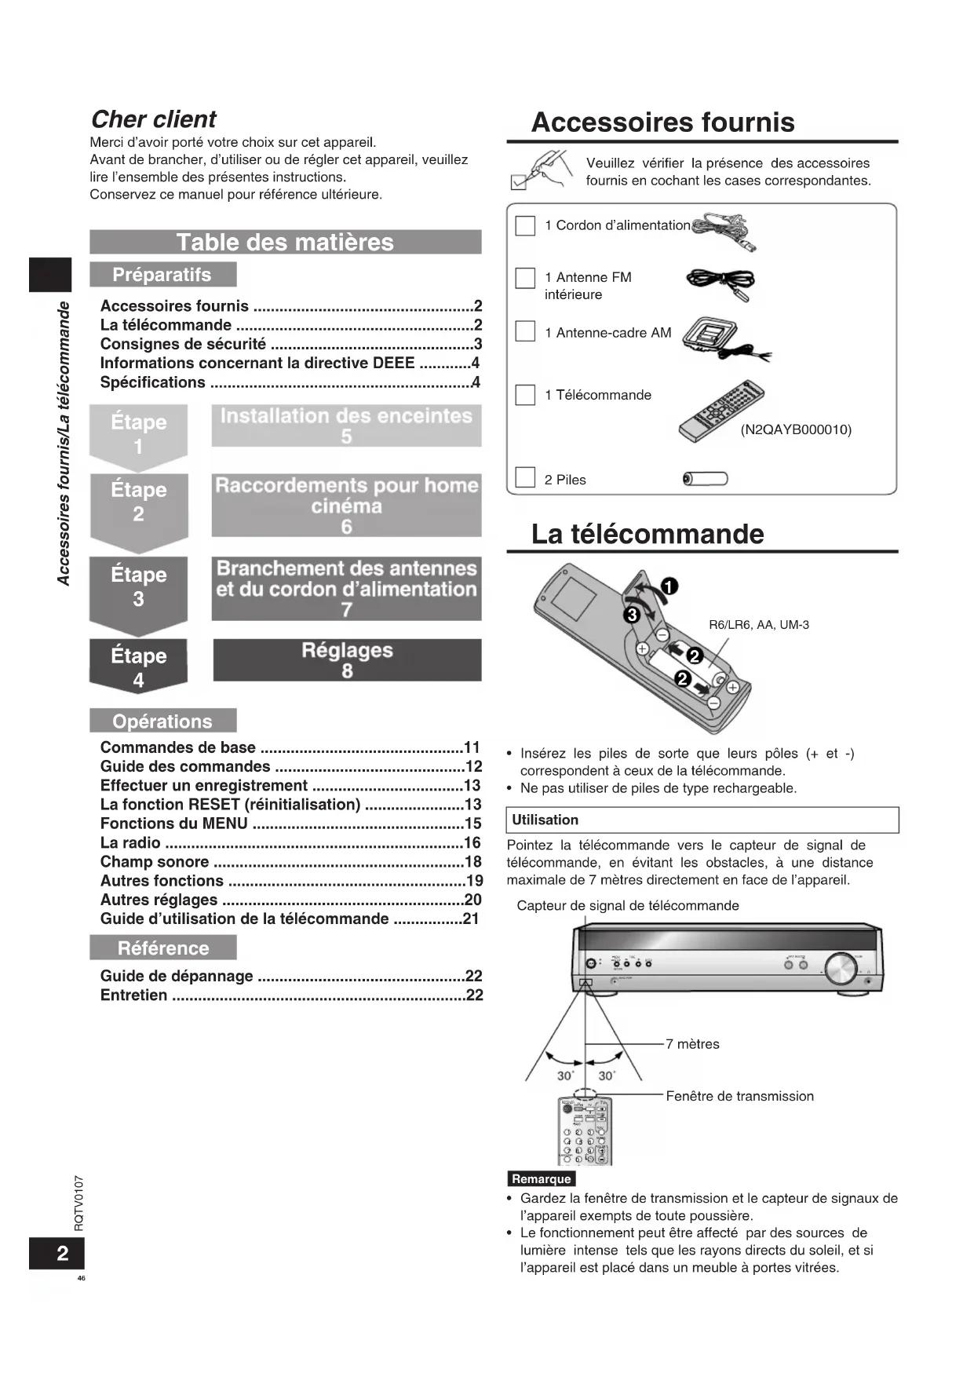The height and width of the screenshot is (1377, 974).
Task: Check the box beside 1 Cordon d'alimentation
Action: click(x=525, y=225)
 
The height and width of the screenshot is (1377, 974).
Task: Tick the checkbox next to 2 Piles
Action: click(x=525, y=477)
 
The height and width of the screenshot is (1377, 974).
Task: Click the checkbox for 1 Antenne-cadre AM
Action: click(x=525, y=331)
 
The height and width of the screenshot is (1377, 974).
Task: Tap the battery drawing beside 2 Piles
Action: click(x=706, y=479)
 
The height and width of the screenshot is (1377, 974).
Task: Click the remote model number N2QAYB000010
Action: click(x=796, y=429)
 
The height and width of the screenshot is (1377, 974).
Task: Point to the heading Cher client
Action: click(x=154, y=119)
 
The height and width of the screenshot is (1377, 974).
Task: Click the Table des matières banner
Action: click(x=285, y=242)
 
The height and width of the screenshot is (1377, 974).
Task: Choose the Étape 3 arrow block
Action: click(x=139, y=589)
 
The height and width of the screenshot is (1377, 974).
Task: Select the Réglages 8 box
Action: click(x=347, y=660)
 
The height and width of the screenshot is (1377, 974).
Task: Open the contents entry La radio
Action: click(x=130, y=842)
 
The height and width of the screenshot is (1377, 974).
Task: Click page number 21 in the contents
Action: click(x=471, y=919)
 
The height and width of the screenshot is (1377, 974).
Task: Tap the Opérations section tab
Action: click(x=162, y=721)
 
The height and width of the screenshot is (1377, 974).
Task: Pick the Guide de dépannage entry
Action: click(x=177, y=976)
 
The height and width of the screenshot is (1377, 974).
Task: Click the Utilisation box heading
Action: click(x=545, y=820)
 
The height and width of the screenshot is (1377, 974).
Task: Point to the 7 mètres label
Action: click(x=692, y=1044)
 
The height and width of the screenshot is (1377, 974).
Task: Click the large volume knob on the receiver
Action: click(x=841, y=970)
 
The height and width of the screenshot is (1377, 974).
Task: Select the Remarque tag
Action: click(x=541, y=1178)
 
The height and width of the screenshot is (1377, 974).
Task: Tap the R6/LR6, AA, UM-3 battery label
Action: click(x=758, y=625)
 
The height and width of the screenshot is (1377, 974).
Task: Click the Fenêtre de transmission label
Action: click(x=739, y=1096)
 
